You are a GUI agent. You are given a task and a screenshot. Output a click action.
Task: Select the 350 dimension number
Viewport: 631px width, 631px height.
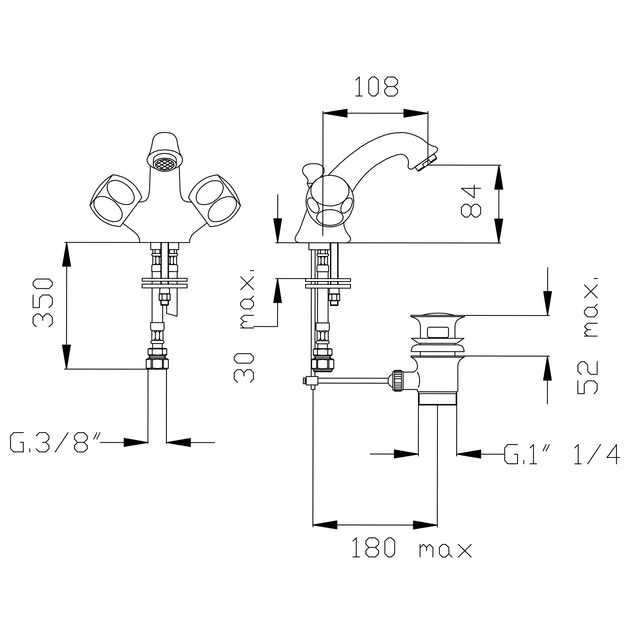point(43,302)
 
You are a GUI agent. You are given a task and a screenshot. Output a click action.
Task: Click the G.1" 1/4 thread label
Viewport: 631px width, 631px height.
point(562,454)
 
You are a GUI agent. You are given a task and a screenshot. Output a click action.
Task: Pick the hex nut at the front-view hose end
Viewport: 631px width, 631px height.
point(157,362)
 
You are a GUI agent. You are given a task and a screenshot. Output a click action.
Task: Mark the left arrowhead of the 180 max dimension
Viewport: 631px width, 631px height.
point(325,525)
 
